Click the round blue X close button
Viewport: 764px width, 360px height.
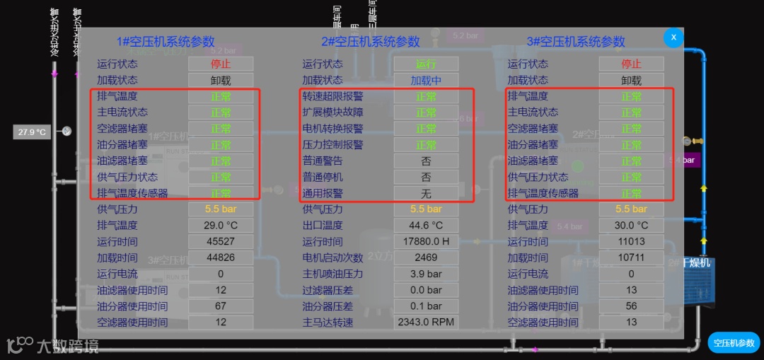tap(673, 37)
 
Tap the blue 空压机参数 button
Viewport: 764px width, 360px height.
tap(734, 343)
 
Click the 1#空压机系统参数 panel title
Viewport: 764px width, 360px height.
tap(166, 42)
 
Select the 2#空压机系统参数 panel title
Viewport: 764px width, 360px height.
tap(371, 42)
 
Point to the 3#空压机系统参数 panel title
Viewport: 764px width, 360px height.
tap(576, 42)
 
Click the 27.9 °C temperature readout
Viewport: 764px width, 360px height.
tap(32, 132)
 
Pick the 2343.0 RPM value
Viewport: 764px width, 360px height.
tap(426, 323)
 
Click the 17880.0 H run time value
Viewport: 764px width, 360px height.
tap(426, 241)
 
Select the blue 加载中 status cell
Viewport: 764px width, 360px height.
tap(426, 81)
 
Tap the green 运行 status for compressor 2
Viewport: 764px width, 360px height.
tap(426, 64)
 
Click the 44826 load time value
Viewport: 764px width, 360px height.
tap(221, 257)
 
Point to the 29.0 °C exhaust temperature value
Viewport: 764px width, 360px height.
tap(221, 226)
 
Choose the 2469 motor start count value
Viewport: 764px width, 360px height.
tap(426, 257)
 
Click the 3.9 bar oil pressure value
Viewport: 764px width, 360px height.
tap(426, 274)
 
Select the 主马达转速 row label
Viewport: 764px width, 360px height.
tap(328, 323)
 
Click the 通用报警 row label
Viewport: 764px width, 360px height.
tap(323, 193)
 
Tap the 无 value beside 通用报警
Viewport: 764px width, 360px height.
tap(426, 193)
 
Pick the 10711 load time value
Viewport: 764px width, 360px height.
tap(632, 257)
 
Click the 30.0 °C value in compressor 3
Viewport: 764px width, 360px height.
tap(632, 226)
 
